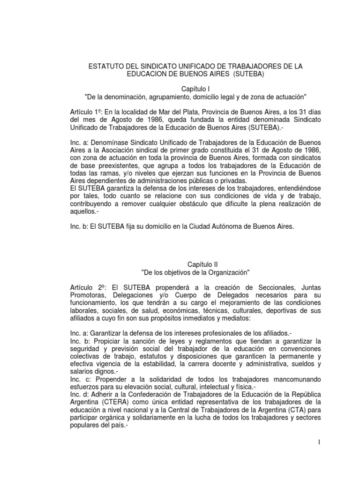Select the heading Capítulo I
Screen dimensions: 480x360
(x=195, y=89)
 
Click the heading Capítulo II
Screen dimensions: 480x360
(x=195, y=264)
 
